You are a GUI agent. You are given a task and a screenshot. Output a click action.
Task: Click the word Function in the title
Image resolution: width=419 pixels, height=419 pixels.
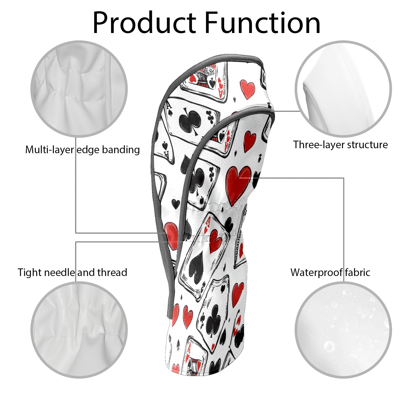click(262, 23)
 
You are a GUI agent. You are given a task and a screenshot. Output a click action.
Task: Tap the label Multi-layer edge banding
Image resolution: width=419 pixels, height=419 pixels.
click(82, 150)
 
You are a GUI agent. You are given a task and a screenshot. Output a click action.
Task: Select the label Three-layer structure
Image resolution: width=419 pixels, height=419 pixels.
click(340, 145)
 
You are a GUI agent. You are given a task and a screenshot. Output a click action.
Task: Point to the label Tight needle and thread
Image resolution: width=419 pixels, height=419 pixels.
click(73, 273)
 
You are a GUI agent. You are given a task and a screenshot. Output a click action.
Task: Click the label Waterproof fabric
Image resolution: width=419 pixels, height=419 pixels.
click(330, 273)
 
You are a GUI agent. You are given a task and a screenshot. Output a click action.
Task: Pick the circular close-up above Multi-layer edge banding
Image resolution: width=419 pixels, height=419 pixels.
click(79, 89)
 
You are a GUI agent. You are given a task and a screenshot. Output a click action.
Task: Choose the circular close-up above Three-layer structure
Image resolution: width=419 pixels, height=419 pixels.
click(343, 89)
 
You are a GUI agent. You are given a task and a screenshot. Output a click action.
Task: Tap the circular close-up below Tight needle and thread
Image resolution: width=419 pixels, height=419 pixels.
click(79, 330)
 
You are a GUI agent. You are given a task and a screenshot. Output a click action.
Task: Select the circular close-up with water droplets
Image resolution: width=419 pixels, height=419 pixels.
click(343, 330)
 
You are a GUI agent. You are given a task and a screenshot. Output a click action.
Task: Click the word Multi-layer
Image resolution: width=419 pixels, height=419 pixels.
click(49, 150)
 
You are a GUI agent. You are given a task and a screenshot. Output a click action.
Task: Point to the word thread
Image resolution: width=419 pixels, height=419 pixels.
click(112, 273)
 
